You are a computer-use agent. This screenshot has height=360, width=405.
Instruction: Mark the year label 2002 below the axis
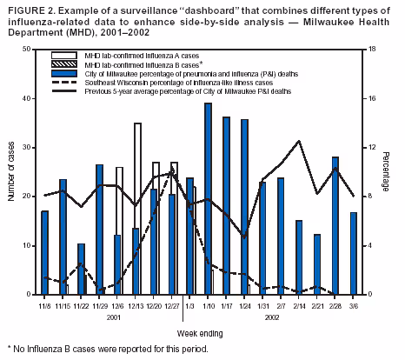(271, 318)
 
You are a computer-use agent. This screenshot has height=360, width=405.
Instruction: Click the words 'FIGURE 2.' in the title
(26, 8)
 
